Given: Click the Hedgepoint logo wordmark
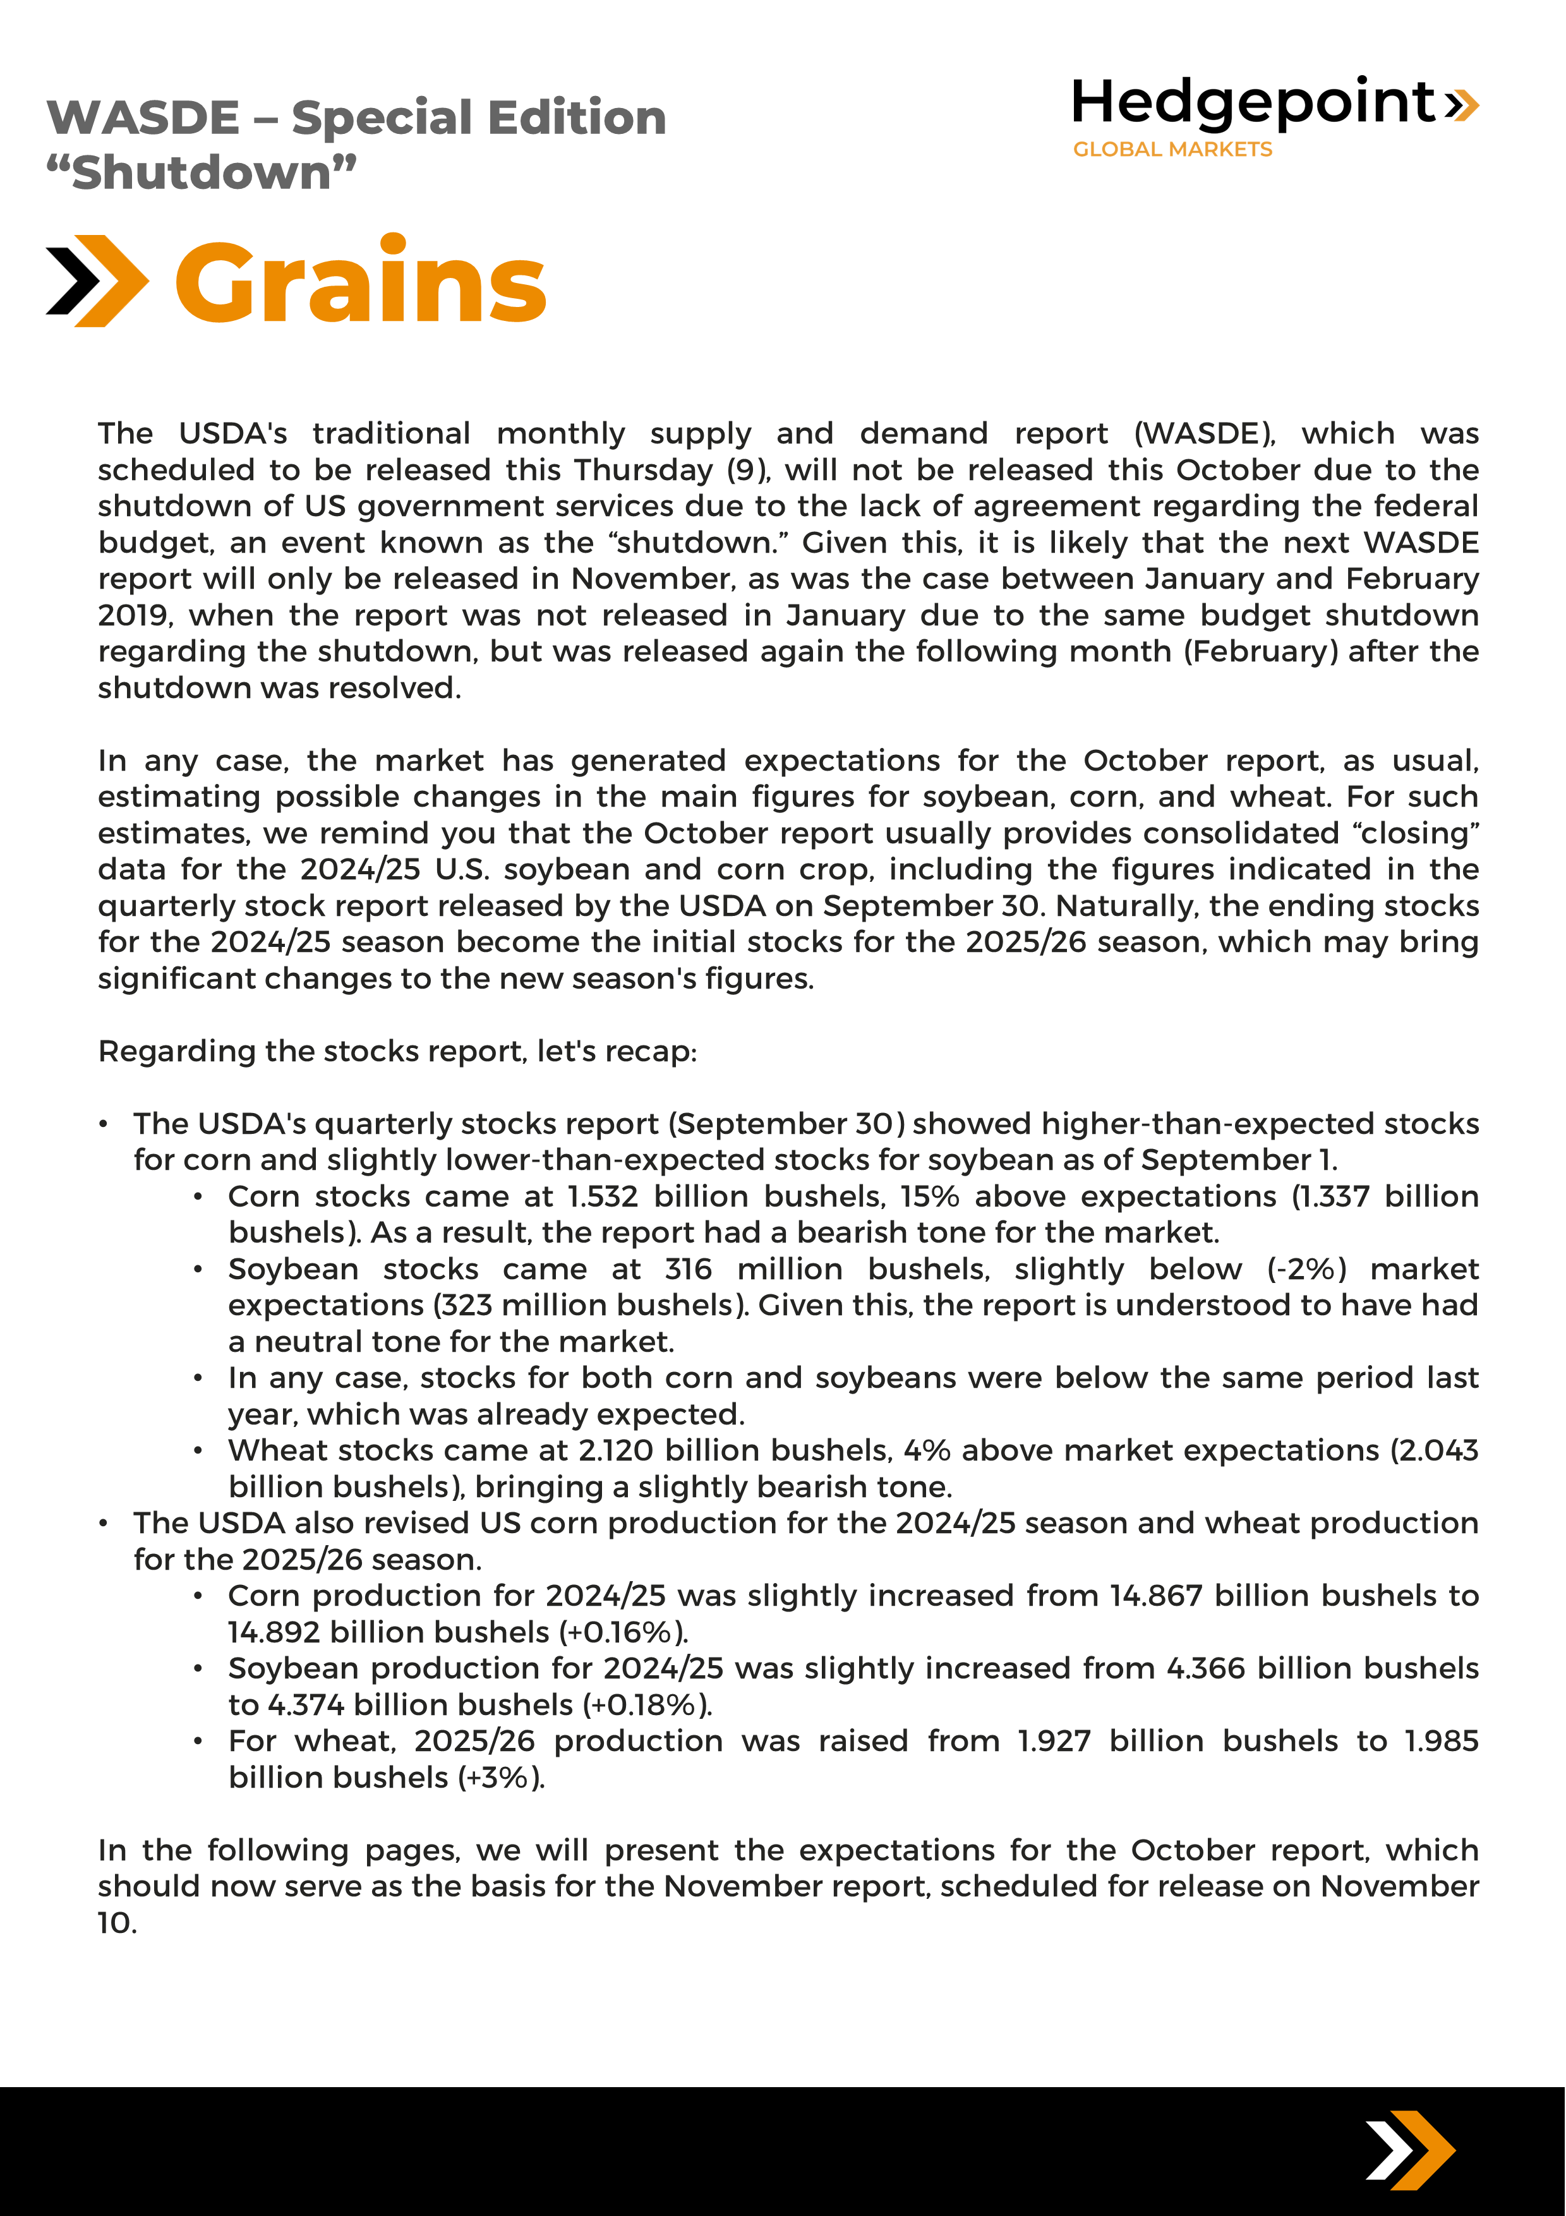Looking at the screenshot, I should [x=1255, y=102].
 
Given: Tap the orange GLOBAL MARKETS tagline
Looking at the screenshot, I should [x=1172, y=150].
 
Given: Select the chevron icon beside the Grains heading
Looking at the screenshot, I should [x=97, y=281].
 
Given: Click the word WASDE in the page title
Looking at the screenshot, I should [x=143, y=117].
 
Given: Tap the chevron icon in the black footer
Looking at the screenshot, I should [x=1409, y=2150].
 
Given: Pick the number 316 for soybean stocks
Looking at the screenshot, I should [x=688, y=1269].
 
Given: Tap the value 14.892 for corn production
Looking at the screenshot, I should [x=273, y=1632].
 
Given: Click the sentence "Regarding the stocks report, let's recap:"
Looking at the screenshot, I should [x=397, y=1051].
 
